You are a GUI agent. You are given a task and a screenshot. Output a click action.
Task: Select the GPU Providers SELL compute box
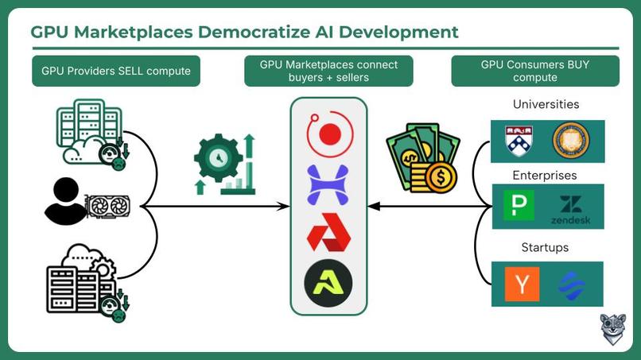(116, 71)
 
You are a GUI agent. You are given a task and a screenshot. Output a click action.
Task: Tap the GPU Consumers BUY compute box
(534, 71)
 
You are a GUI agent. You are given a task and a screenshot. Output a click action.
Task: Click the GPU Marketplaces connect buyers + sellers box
(328, 71)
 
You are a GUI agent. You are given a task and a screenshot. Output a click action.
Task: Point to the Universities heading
(546, 104)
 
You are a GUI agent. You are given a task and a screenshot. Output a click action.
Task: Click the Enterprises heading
(546, 175)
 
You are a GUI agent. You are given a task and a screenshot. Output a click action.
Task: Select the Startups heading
(545, 247)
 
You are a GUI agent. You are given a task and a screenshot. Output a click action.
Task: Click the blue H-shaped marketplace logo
(328, 184)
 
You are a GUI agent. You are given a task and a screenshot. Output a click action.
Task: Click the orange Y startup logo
(522, 284)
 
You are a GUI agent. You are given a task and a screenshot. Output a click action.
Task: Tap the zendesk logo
(570, 210)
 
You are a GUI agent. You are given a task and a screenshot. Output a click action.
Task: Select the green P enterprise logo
(518, 207)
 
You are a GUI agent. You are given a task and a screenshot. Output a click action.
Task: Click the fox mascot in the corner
(612, 329)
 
